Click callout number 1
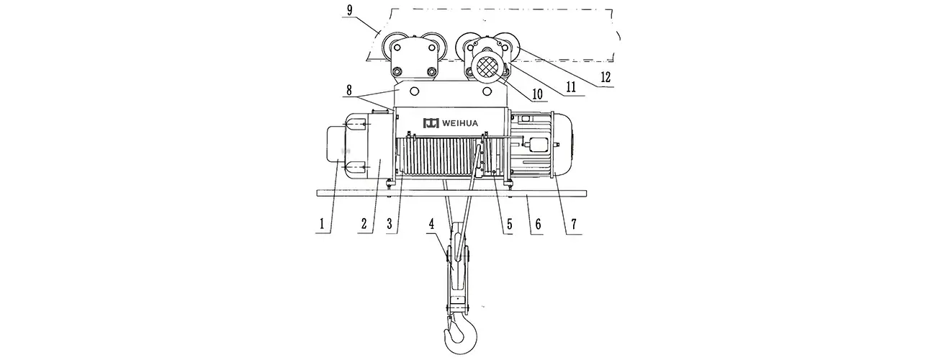pyautogui.click(x=322, y=224)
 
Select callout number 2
pyautogui.click(x=364, y=224)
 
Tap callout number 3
pyautogui.click(x=390, y=224)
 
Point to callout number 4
pyautogui.click(x=432, y=224)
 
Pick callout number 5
pyautogui.click(x=509, y=224)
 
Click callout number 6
pyautogui.click(x=539, y=224)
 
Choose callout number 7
pyautogui.click(x=574, y=224)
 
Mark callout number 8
pyautogui.click(x=349, y=90)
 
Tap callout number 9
pyautogui.click(x=349, y=11)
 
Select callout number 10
pyautogui.click(x=537, y=94)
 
